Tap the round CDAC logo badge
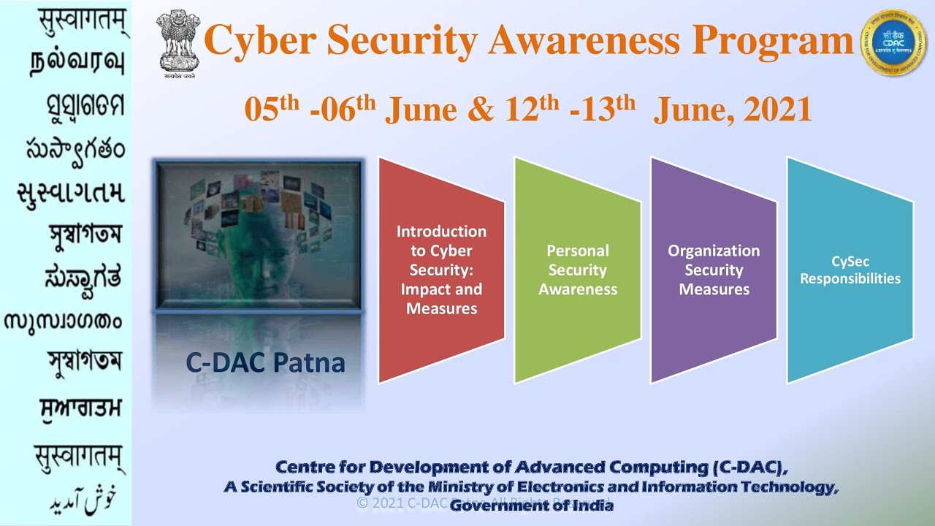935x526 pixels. coord(893,42)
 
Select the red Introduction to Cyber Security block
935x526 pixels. coord(441,270)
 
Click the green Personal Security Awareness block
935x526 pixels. coord(578,270)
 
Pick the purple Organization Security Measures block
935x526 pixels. coord(714,270)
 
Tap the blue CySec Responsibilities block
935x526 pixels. coord(850,270)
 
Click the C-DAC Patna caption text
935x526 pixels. coord(265,362)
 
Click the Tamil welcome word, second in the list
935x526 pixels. coord(77,63)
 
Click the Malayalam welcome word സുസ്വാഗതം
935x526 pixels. coord(64,321)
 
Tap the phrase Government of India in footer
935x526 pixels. coord(531,505)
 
